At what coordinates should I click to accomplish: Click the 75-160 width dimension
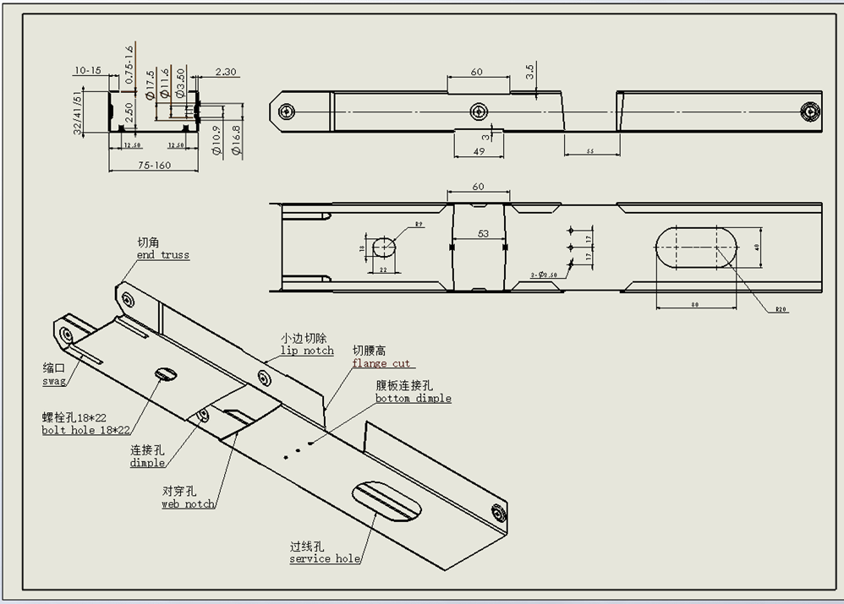coord(152,166)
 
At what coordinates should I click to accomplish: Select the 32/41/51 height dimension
coord(78,112)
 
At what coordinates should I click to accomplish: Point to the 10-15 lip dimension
coord(87,70)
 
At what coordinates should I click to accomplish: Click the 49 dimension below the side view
coord(478,151)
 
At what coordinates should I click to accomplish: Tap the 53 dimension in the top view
coord(483,234)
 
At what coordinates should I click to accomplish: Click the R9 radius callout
coord(419,225)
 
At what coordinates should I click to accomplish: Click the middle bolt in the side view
coord(480,111)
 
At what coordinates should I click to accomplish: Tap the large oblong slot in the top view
coord(695,247)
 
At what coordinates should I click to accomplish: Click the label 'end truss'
coord(163,255)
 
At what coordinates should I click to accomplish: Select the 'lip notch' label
coord(307,351)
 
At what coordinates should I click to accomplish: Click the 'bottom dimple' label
coord(414,398)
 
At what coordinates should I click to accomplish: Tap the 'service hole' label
coord(325,559)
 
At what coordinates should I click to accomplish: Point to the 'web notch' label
coord(188,504)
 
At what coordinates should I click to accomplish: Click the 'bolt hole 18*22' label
coord(86,430)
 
